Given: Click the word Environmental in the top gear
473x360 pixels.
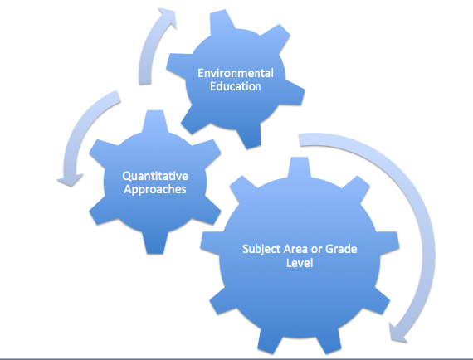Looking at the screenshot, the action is pos(236,73).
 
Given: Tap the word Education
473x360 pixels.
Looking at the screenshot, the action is pos(236,86).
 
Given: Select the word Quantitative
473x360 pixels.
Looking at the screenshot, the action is pos(155,176).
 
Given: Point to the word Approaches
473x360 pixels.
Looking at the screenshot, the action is pos(155,190).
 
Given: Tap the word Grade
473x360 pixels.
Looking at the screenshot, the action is pos(342,249).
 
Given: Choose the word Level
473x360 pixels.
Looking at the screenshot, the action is pos(300,263).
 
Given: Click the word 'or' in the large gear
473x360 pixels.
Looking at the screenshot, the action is pos(317,250).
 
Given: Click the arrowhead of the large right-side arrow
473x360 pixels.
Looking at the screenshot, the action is pos(397,333).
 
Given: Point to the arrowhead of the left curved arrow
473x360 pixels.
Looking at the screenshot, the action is pos(71,180).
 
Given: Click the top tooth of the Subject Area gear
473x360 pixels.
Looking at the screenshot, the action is pos(300,168).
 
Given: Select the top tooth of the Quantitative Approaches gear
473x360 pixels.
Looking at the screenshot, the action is pos(154,120).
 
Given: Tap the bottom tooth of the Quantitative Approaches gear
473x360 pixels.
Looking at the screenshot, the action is pos(155,243).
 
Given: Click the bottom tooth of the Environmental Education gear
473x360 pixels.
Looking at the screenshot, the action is pos(249,137).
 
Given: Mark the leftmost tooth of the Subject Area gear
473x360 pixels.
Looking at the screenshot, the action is pos(211,242).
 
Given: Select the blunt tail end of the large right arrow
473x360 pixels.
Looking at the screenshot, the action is pos(300,140).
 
